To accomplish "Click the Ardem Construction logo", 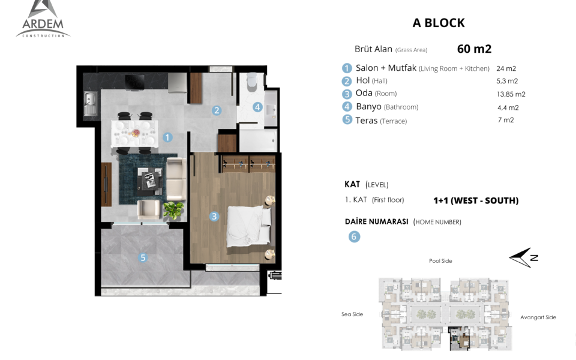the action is (x=43, y=19).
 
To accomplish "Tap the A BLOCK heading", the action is (x=439, y=23).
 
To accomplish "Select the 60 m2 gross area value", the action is (x=474, y=49).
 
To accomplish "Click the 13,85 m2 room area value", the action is (x=511, y=94).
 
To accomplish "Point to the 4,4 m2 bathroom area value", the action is (x=508, y=107).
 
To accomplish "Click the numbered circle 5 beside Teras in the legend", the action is (x=347, y=120).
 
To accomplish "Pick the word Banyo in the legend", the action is (x=368, y=107).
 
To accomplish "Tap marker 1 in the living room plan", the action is (x=167, y=137).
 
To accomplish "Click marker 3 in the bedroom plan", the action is (x=214, y=217).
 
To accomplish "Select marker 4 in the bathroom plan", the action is (x=257, y=107).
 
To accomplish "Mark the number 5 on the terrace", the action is (x=143, y=258).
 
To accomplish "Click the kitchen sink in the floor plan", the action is (x=90, y=104).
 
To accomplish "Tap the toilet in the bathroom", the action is (x=251, y=81).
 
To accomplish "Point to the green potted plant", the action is (x=173, y=210).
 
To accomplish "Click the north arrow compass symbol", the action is (x=524, y=257).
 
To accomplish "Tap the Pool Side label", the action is (x=440, y=261).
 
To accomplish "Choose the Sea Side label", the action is (x=352, y=314).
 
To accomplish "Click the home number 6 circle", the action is (x=354, y=236).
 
